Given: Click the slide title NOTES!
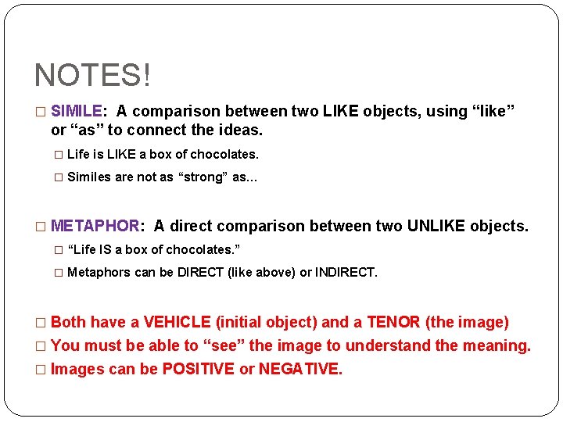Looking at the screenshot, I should [x=92, y=76].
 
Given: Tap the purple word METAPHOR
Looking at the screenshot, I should [x=95, y=227].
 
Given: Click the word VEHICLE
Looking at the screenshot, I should [x=177, y=322].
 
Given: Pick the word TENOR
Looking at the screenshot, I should [x=393, y=322].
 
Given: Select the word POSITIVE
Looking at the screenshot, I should [x=198, y=369].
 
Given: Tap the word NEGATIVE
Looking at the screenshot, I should [x=300, y=369].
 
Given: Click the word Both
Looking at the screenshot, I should [x=68, y=322].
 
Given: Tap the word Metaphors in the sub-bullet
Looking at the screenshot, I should [x=97, y=273].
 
